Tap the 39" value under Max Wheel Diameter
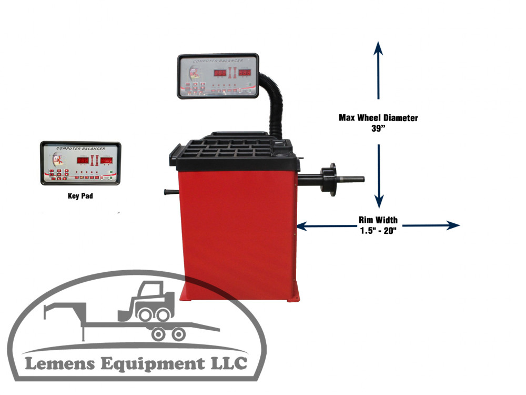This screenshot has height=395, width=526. click(378, 129)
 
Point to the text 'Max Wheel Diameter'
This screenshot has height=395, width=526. click(378, 118)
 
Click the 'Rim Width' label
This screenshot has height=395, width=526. click(378, 220)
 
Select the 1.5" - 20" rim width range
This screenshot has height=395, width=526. click(378, 230)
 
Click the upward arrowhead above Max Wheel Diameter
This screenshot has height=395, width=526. click(378, 49)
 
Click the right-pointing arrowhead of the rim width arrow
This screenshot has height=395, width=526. click(453, 225)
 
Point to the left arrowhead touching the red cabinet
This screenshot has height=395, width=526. click(302, 226)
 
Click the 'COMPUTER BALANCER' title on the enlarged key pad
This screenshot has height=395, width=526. click(80, 149)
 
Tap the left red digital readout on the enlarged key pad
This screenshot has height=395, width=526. click(83, 160)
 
